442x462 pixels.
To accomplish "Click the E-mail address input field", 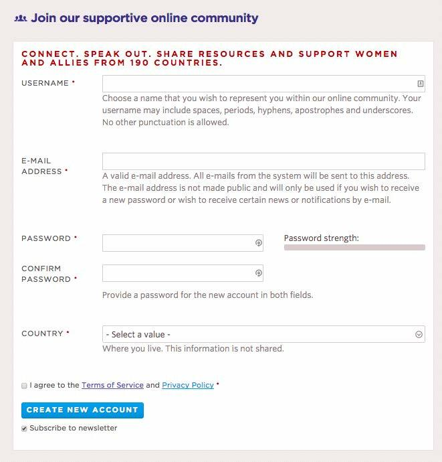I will [263, 161].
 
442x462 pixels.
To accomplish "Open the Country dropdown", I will [263, 334].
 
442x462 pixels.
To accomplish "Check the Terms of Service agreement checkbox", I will [25, 386].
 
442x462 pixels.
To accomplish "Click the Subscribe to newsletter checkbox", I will [25, 429].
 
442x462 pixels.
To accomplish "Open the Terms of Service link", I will [112, 385].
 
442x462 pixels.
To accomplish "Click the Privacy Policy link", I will [188, 385].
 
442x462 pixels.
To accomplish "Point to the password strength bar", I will [354, 248].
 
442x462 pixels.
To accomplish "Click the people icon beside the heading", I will [20, 19].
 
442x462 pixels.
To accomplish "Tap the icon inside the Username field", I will [420, 84].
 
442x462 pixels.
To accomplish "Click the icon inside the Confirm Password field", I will [258, 273].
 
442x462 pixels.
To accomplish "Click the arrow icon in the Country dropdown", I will [419, 334].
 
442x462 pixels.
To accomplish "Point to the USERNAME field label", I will [45, 83].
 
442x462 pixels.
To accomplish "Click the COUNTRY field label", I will [42, 333].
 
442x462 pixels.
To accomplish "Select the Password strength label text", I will [321, 238].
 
